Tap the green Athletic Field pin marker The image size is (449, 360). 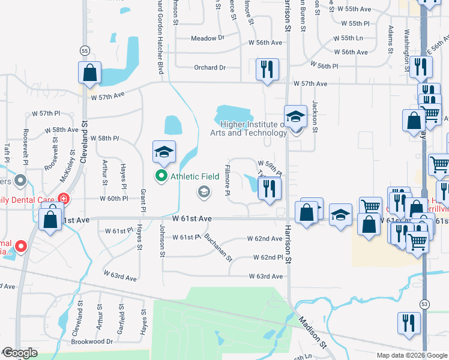pyautogui.click(x=161, y=176)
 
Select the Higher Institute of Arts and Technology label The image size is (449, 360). pyautogui.click(x=249, y=129)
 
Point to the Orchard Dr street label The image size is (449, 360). pyautogui.click(x=209, y=67)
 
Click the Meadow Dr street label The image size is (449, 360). pyautogui.click(x=207, y=38)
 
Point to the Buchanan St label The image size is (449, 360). pyautogui.click(x=217, y=248)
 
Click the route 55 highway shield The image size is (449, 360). pyautogui.click(x=86, y=50)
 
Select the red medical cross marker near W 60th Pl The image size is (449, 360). pyautogui.click(x=64, y=199)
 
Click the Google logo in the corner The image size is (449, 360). pyautogui.click(x=19, y=353)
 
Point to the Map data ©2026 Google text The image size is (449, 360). pyautogui.click(x=412, y=355)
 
